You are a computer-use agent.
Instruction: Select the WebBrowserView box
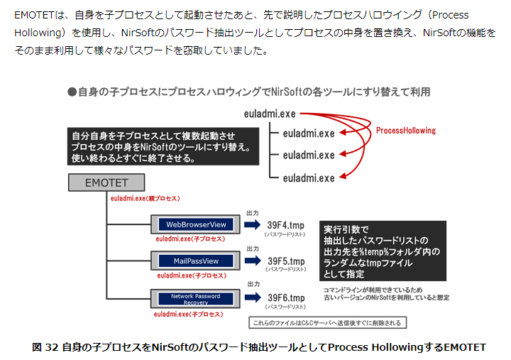[x=196, y=224]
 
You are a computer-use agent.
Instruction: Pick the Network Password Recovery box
[x=195, y=299]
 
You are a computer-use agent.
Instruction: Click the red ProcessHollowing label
[x=405, y=131]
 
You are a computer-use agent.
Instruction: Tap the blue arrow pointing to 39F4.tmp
[x=252, y=225]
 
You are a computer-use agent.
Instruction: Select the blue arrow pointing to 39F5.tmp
[x=252, y=261]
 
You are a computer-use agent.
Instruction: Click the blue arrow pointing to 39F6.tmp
[x=252, y=298]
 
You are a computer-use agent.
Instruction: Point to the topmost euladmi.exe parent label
[x=269, y=113]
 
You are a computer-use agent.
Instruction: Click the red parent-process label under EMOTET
[x=145, y=198]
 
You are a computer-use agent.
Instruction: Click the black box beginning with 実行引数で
[x=383, y=251]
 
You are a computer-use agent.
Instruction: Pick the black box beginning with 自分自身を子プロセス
[x=163, y=146]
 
